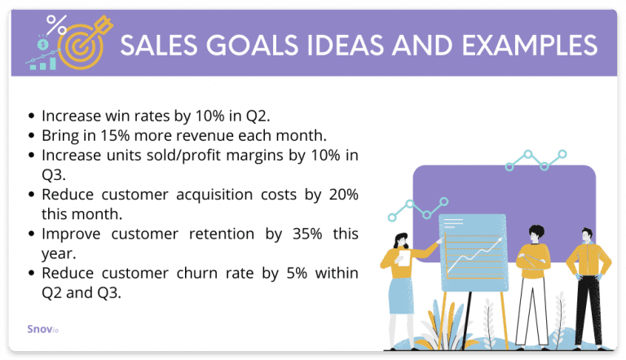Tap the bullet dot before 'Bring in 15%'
31,134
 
